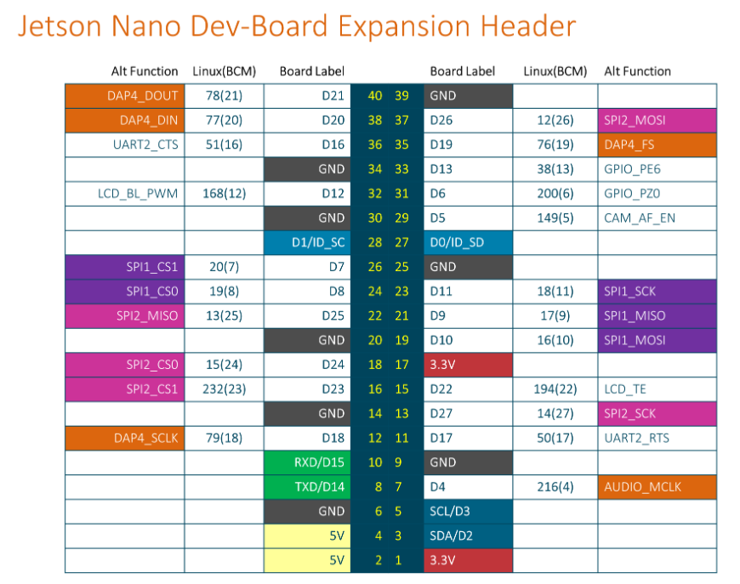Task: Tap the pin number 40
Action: [374, 96]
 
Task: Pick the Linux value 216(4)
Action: [555, 487]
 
